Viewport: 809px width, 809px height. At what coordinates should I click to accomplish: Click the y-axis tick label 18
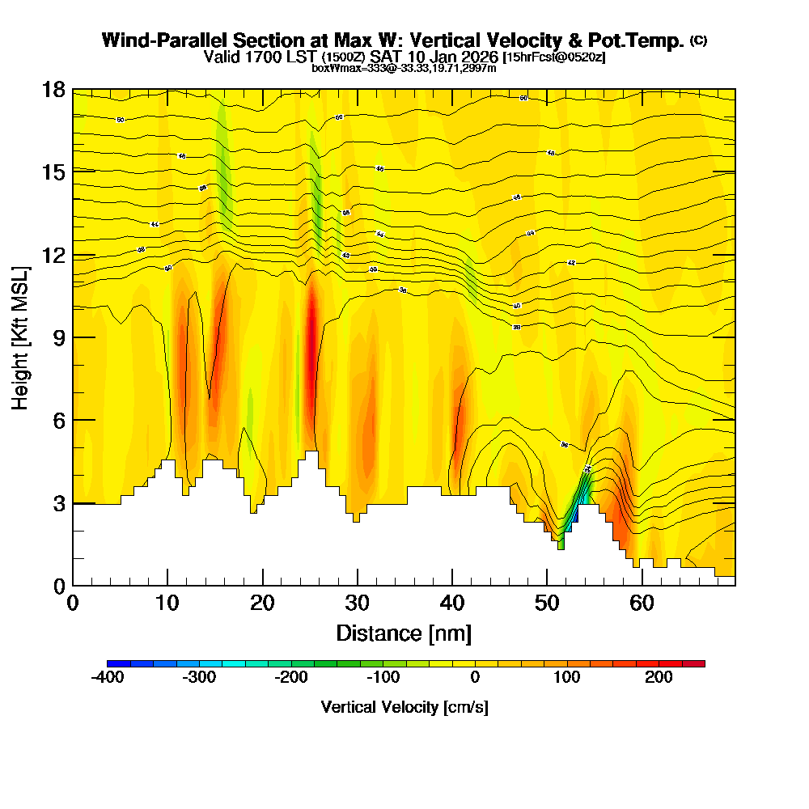point(53,89)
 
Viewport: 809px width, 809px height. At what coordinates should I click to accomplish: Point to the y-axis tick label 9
point(58,337)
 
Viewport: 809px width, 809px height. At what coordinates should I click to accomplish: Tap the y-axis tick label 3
point(58,503)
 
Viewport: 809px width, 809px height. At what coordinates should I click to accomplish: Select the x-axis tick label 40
point(357,604)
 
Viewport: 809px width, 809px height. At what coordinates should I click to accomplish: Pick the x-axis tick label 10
point(167,604)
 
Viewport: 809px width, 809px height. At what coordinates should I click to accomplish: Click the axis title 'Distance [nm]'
point(404,633)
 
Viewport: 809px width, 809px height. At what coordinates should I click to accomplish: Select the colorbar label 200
point(659,678)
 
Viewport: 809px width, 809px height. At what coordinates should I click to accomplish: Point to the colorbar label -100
point(383,678)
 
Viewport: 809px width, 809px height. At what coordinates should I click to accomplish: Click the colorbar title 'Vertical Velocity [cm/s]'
point(404,707)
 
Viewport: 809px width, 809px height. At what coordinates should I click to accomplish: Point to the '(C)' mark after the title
point(698,40)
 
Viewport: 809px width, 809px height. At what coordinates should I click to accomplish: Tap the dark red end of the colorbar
point(698,663)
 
